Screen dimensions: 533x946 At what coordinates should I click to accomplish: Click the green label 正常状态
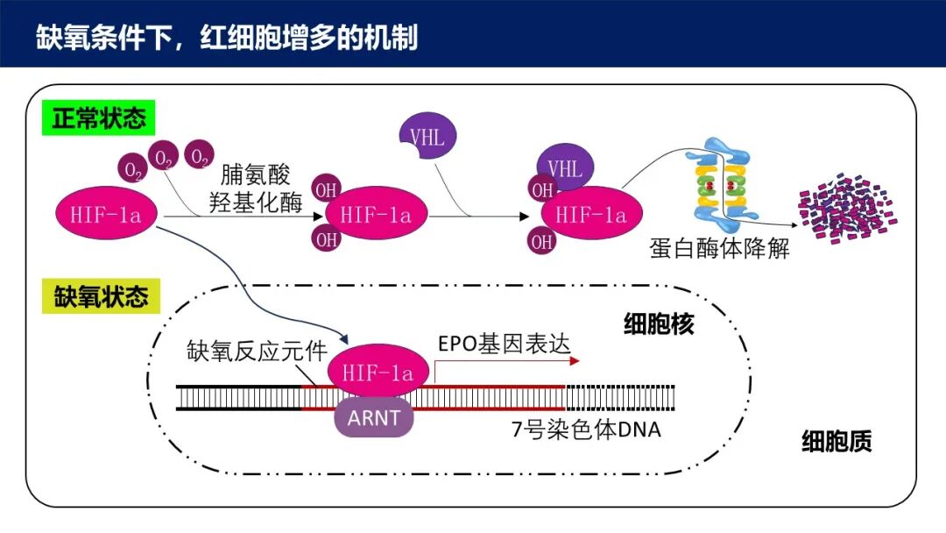point(98,117)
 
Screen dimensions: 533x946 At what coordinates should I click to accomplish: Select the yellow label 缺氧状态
point(98,295)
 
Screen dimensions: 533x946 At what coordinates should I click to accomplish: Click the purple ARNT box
point(373,417)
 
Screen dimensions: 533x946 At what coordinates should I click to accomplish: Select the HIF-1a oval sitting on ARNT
point(378,373)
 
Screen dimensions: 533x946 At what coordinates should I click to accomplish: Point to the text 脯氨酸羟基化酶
point(255,189)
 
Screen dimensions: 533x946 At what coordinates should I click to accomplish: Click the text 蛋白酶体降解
point(719,248)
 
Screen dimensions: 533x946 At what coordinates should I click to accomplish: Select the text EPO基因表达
point(503,343)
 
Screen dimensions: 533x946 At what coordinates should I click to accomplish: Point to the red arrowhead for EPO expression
point(575,359)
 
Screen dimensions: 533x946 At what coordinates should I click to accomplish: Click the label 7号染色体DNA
point(586,429)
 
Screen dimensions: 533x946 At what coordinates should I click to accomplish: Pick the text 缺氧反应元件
point(257,351)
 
